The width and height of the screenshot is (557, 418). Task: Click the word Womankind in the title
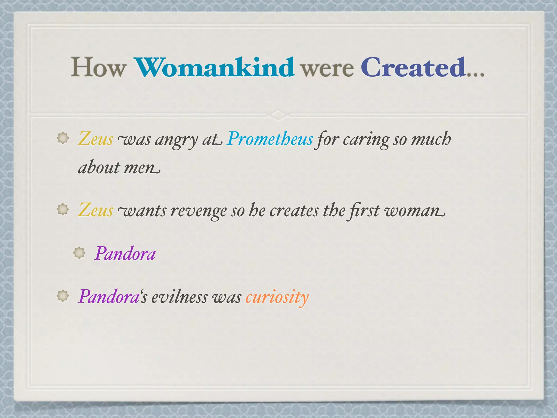215,67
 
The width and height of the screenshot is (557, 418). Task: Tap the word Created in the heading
413,67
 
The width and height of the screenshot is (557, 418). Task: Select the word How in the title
98,67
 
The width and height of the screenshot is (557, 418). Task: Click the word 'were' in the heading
327,69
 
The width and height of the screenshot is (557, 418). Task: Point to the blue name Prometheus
270,139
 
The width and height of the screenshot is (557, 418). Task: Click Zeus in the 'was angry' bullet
95,139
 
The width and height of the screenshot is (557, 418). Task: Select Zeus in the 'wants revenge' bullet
95,210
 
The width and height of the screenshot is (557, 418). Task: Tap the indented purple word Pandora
125,254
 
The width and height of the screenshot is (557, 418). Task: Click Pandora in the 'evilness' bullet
109,296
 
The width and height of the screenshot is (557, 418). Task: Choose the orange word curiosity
277,297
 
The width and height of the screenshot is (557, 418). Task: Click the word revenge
198,211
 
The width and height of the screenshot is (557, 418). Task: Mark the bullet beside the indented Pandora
79,253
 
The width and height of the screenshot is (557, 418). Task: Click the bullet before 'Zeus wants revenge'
63,210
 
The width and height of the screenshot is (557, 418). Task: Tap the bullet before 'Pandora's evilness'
63,296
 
